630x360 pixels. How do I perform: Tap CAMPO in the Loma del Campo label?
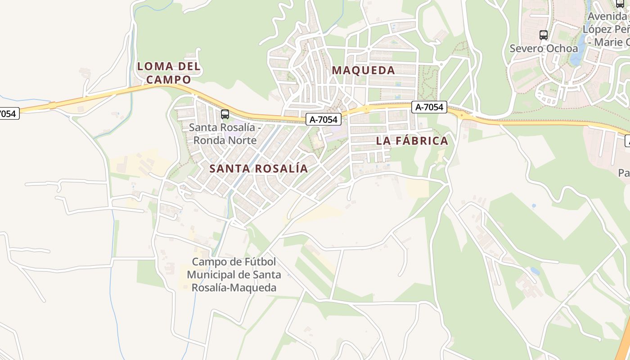pos(169,80)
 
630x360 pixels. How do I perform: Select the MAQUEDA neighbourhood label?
pos(363,70)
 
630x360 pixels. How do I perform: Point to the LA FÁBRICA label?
pos(412,141)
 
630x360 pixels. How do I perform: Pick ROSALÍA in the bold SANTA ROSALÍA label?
pos(282,169)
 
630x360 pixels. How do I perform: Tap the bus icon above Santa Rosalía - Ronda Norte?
pos(225,114)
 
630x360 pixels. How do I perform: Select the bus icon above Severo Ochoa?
pos(544,35)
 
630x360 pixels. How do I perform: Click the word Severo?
pos(526,48)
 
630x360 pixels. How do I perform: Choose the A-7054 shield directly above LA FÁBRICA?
pos(429,107)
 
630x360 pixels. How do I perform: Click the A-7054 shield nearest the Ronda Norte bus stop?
pos(324,119)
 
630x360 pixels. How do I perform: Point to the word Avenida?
pos(607,16)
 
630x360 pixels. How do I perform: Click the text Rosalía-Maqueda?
pos(234,288)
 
